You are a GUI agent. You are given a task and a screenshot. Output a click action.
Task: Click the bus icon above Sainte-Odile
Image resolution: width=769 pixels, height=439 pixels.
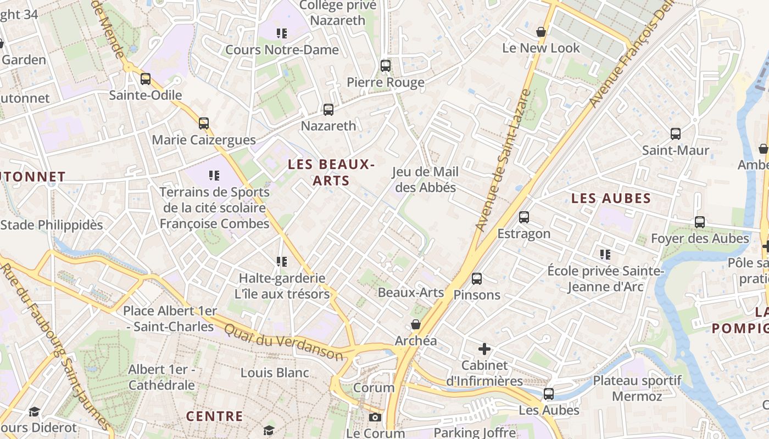pyautogui.click(x=146, y=79)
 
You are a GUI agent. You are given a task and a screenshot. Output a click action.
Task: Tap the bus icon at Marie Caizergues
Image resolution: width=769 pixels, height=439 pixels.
pyautogui.click(x=204, y=123)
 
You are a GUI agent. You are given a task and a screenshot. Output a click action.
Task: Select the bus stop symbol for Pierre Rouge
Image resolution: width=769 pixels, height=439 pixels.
pyautogui.click(x=386, y=66)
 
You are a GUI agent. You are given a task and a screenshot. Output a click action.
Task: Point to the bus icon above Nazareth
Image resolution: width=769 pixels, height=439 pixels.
pyautogui.click(x=328, y=110)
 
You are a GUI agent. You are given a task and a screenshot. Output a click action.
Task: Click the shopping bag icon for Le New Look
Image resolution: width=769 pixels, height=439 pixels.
pyautogui.click(x=541, y=32)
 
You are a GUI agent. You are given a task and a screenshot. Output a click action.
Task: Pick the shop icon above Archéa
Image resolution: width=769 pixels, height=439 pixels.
pyautogui.click(x=416, y=324)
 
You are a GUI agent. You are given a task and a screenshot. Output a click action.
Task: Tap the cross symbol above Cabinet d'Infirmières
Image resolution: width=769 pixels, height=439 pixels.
pyautogui.click(x=484, y=349)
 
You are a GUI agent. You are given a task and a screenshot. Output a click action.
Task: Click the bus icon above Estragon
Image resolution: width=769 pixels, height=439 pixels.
pyautogui.click(x=524, y=217)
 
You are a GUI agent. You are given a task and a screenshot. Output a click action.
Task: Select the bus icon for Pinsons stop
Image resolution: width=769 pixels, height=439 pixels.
pyautogui.click(x=477, y=279)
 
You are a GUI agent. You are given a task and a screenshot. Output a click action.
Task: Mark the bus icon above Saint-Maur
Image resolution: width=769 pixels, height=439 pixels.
pyautogui.click(x=676, y=134)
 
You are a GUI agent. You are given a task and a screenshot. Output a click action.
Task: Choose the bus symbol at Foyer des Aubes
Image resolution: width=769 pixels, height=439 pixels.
pyautogui.click(x=700, y=222)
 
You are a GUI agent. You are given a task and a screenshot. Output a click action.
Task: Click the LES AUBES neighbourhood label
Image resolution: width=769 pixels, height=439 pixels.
pyautogui.click(x=611, y=199)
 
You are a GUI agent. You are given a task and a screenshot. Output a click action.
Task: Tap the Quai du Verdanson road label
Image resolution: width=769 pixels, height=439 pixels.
pyautogui.click(x=283, y=341)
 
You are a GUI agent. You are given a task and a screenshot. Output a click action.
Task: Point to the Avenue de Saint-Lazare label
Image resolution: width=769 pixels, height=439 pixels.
pyautogui.click(x=503, y=159)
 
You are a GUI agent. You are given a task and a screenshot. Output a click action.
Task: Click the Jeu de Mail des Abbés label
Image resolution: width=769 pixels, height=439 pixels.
pyautogui.click(x=425, y=179)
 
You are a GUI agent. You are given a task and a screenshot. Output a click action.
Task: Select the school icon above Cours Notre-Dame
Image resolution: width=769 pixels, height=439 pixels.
pyautogui.click(x=282, y=33)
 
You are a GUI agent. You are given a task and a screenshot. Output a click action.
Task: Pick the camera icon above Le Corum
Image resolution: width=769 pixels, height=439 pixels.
pyautogui.click(x=375, y=418)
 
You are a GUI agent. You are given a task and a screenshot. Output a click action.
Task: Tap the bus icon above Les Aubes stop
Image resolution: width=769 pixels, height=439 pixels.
pyautogui.click(x=549, y=394)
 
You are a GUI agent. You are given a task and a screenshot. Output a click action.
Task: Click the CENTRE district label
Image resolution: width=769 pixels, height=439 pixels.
pyautogui.click(x=214, y=416)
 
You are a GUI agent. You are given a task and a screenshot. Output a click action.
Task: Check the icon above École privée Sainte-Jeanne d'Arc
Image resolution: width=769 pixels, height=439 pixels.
pyautogui.click(x=605, y=255)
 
